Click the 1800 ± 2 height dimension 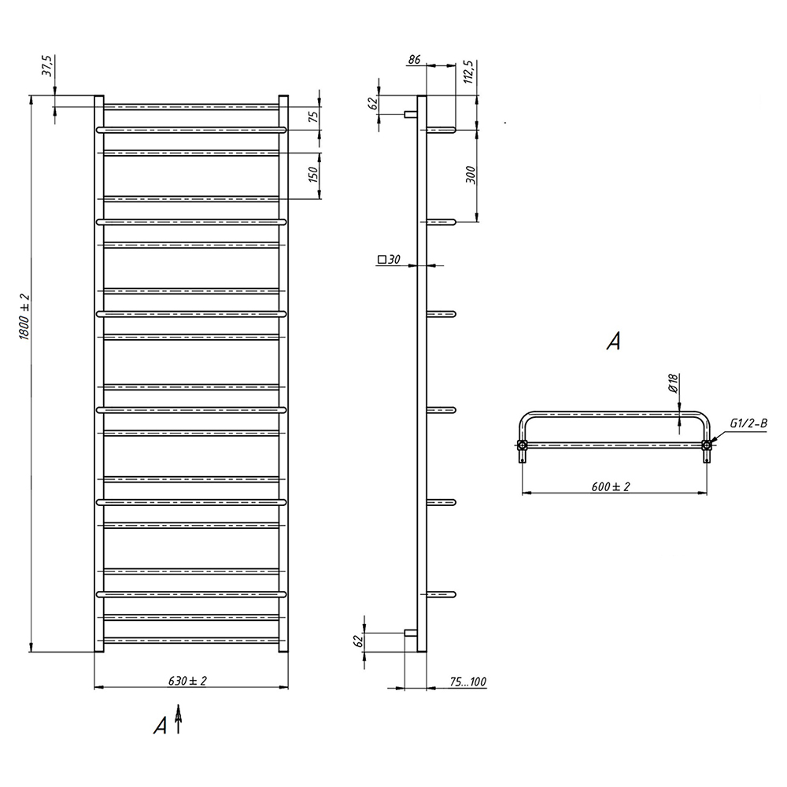[24, 316]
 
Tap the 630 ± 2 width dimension [188, 681]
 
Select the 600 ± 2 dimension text [611, 486]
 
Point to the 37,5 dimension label [47, 65]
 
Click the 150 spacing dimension [313, 174]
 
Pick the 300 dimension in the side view [471, 175]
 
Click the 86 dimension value [414, 60]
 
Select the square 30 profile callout [389, 260]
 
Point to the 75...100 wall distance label [467, 682]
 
